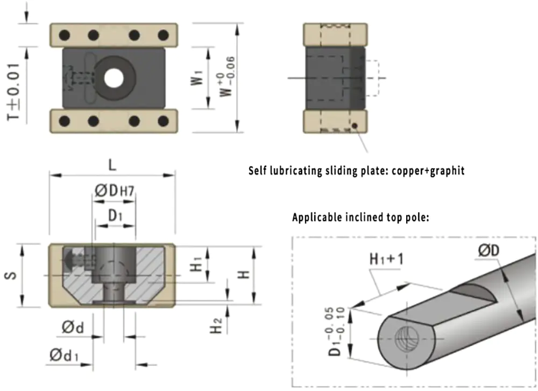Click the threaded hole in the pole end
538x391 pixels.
point(405,339)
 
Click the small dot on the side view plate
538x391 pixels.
point(355,127)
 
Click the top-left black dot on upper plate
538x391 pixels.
point(65,36)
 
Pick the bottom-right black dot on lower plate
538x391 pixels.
point(163,121)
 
